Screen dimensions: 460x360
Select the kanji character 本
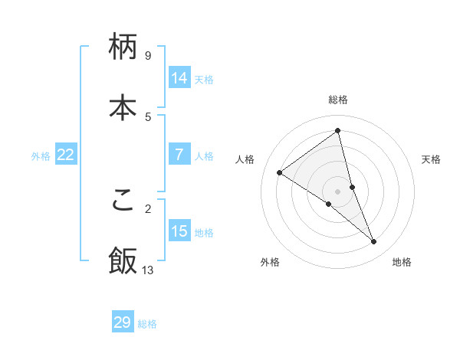(123, 106)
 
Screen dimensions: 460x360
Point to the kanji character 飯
(123, 260)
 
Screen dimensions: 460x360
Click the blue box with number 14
(179, 78)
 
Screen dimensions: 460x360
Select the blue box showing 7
(179, 155)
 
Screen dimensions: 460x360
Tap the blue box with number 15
(179, 231)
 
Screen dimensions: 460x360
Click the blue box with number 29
(123, 322)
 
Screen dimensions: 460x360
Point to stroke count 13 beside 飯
(148, 270)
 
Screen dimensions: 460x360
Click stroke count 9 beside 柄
(148, 56)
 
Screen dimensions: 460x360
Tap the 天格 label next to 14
(204, 80)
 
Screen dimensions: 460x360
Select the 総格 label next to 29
(147, 324)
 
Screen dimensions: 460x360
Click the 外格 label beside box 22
(41, 156)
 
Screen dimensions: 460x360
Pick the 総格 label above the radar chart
(338, 100)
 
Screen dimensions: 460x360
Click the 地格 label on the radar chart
(402, 262)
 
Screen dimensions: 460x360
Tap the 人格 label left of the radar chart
(245, 159)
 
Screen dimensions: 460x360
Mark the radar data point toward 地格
(374, 242)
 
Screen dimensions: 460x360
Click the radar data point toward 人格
(279, 172)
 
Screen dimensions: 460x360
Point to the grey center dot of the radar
(338, 191)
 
